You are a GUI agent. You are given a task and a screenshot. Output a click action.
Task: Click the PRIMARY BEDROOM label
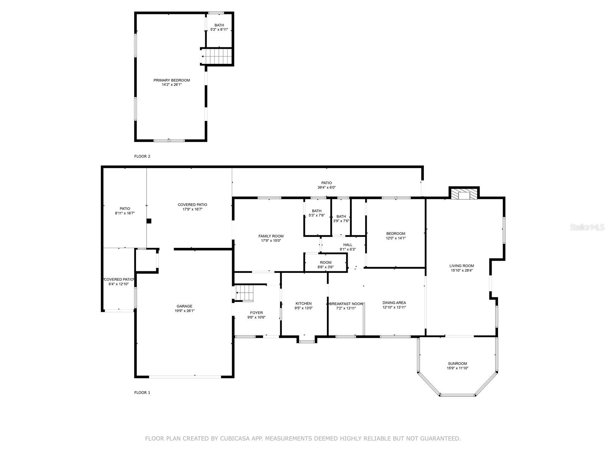pos(172,80)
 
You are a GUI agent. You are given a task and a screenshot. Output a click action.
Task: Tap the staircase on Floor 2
pos(217,56)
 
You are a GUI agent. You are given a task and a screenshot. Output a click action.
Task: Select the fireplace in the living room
pos(464,193)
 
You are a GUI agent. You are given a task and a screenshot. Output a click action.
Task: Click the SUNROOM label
pos(458,363)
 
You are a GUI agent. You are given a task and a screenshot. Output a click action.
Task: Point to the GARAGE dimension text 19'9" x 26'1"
pos(184,311)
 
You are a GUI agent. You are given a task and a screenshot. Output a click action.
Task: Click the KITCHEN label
pos(303,303)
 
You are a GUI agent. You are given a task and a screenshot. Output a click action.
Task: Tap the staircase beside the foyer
pos(244,293)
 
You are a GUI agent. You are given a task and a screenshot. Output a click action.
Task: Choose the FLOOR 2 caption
pos(142,156)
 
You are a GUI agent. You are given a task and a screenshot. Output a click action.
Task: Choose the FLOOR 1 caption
pos(142,393)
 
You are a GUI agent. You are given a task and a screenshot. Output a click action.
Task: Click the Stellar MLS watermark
pos(587,227)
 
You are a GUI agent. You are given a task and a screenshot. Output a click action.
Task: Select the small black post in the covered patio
pos(149,221)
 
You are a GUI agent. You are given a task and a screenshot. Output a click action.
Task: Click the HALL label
pos(348,245)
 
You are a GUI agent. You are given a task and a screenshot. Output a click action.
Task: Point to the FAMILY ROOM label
pos(271,236)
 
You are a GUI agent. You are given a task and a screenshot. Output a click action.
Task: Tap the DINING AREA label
pos(394,303)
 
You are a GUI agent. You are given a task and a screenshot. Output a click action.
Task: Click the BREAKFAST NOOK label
pos(346,304)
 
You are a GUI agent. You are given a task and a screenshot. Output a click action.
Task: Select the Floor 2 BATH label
pos(219,25)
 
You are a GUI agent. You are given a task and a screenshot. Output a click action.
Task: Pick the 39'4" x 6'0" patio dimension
pos(326,187)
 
